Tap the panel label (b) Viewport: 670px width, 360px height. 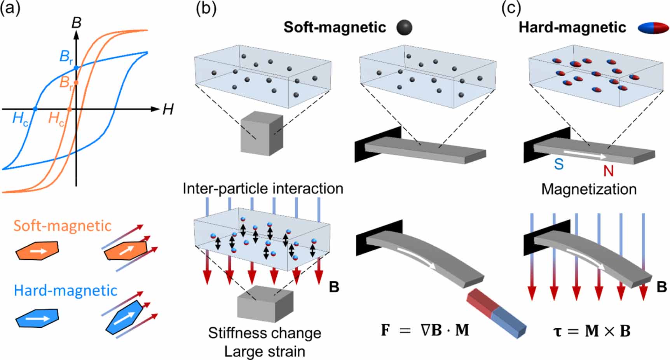pos(206,8)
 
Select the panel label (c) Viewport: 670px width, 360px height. pos(511,8)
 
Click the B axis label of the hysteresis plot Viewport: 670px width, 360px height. pos(77,23)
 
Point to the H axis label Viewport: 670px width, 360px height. pos(168,110)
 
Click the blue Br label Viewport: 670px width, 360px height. pos(66,57)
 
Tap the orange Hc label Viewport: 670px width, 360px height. pos(56,118)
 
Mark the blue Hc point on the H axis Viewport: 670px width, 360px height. pos(35,109)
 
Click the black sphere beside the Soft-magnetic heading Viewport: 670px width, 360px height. pos(404,28)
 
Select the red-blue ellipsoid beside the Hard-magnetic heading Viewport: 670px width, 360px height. pos(653,28)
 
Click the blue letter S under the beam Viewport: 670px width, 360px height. pos(559,164)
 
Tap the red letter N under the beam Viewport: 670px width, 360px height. pos(608,170)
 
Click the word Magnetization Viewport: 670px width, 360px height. pos(589,189)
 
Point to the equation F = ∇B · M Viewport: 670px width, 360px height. pos(425,330)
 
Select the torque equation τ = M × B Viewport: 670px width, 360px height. pos(591,331)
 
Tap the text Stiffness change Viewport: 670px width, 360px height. pos(265,333)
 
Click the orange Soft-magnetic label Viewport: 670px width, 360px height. pos(63,225)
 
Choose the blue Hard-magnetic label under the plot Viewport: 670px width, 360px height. pos(65,290)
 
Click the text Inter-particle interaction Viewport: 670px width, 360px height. pos(263,189)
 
